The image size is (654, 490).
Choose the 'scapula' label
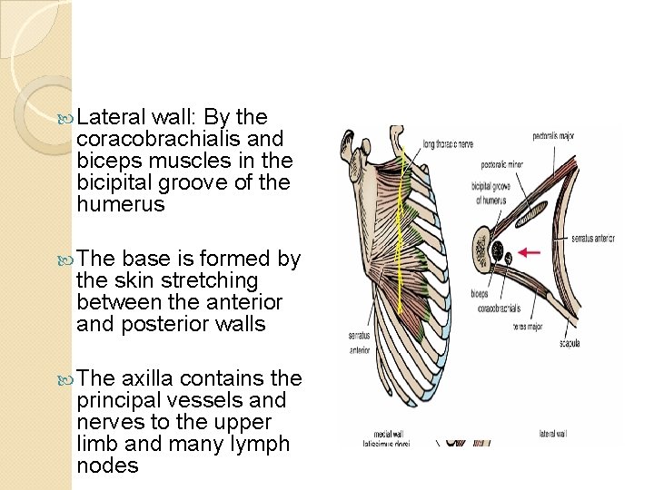click(x=570, y=342)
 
